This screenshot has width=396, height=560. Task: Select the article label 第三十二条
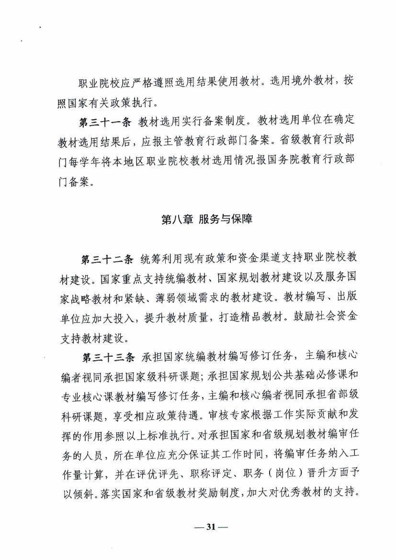107,260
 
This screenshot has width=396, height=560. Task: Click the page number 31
211,526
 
